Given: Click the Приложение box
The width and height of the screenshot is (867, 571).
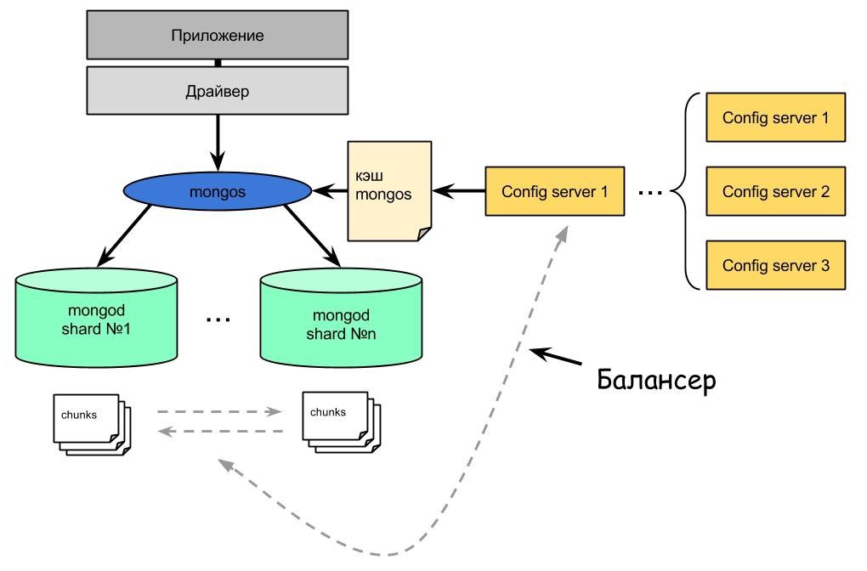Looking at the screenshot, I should coord(217,36).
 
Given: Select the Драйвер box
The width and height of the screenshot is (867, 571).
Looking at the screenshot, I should coord(217,91).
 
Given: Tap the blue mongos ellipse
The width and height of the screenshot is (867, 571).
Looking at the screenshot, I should coord(217,192).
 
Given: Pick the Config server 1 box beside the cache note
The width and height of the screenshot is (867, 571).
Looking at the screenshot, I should coord(554,191).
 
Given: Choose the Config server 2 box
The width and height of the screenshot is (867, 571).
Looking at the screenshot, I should coord(775,191).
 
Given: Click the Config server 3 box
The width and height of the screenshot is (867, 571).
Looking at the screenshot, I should coord(775,265).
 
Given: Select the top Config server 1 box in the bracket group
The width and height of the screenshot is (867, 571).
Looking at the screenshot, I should coord(775,117).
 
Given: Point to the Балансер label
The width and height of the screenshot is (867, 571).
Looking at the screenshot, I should coord(655,379).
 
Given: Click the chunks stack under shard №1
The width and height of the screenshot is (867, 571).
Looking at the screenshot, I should coord(90,422).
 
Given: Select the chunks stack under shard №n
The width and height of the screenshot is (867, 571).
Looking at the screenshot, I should coord(338,420).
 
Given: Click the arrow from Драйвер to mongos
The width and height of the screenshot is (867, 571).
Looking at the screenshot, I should coord(218,140).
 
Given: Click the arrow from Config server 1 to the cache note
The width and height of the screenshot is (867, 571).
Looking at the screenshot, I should coord(458,191).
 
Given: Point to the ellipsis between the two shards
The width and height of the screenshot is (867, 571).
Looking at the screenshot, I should coord(218,320).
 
